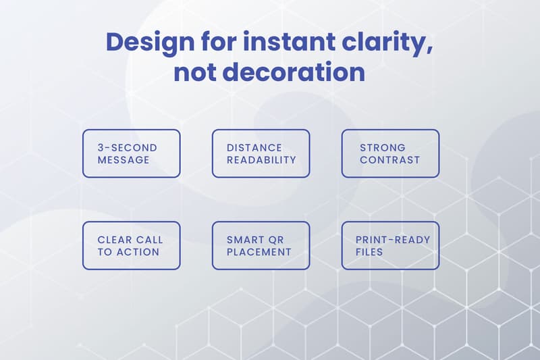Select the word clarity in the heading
tap(387, 43)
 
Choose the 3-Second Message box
tap(132, 153)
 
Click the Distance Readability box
tap(261, 153)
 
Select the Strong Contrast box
tap(390, 153)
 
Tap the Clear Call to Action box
tap(132, 246)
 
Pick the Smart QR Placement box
tap(261, 246)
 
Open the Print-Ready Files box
tap(390, 246)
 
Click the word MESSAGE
tap(124, 160)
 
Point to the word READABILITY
tap(261, 160)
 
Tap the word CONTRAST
tap(389, 160)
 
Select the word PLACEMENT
tap(259, 252)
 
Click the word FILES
tap(369, 252)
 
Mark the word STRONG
tap(383, 147)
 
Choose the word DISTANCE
tap(254, 147)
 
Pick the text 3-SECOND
tap(127, 147)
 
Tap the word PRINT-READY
tap(393, 240)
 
